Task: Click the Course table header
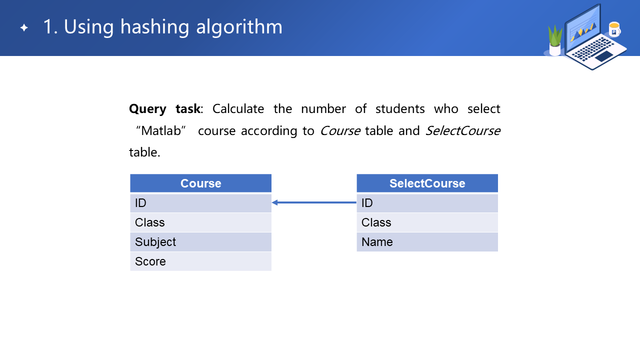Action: pyautogui.click(x=200, y=183)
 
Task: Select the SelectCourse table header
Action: pyautogui.click(x=427, y=183)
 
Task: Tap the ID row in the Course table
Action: pyautogui.click(x=200, y=203)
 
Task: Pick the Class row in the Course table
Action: pyautogui.click(x=200, y=222)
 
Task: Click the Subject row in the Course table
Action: pyautogui.click(x=200, y=242)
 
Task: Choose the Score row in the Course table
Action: pyautogui.click(x=200, y=261)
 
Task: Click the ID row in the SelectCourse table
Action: pyautogui.click(x=427, y=203)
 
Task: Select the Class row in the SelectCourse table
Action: pyautogui.click(x=427, y=222)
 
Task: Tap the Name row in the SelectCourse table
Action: pyautogui.click(x=427, y=242)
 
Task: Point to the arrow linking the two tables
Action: pyautogui.click(x=314, y=202)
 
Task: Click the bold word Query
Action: pyautogui.click(x=147, y=109)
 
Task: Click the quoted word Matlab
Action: pyautogui.click(x=161, y=131)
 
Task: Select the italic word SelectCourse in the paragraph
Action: pyautogui.click(x=463, y=131)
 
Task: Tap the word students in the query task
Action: pyautogui.click(x=400, y=109)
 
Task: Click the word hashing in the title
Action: pyautogui.click(x=154, y=27)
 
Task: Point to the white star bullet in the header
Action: pyautogui.click(x=24, y=27)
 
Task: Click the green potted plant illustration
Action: pyautogui.click(x=555, y=40)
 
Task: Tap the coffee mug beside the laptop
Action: pyautogui.click(x=614, y=29)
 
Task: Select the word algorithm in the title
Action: pyautogui.click(x=239, y=27)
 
